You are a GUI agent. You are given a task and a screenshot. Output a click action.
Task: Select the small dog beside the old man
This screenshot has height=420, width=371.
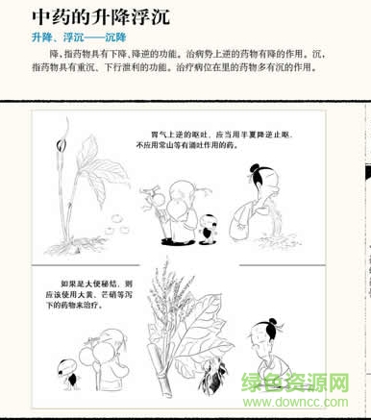point(205,229)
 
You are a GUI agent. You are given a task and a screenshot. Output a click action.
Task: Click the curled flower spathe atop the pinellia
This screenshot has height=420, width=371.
point(67,135)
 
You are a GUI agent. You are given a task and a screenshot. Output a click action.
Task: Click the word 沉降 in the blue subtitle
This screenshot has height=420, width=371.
point(104,37)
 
